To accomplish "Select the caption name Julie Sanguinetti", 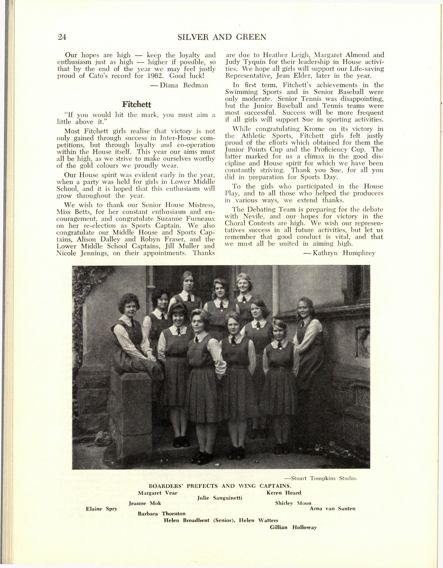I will pyautogui.click(x=220, y=498).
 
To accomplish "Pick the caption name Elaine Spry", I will pyautogui.click(x=102, y=509).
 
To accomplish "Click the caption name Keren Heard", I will pyautogui.click(x=284, y=493).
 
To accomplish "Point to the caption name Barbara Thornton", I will pyautogui.click(x=162, y=514).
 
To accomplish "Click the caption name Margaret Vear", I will pyautogui.click(x=157, y=493).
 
